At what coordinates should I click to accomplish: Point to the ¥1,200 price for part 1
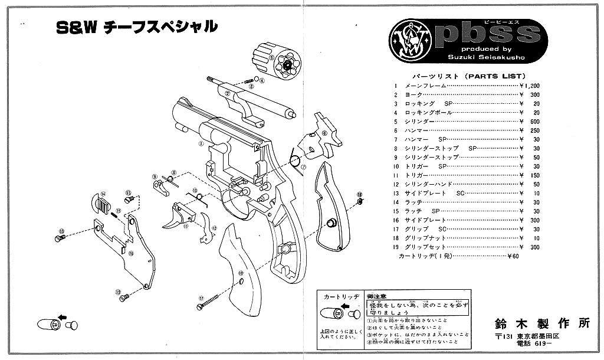530,86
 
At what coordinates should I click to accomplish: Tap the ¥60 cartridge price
514,256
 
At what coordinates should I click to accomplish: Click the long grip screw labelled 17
209,302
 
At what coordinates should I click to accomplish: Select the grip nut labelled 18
360,202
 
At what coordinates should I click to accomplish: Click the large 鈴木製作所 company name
543,323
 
